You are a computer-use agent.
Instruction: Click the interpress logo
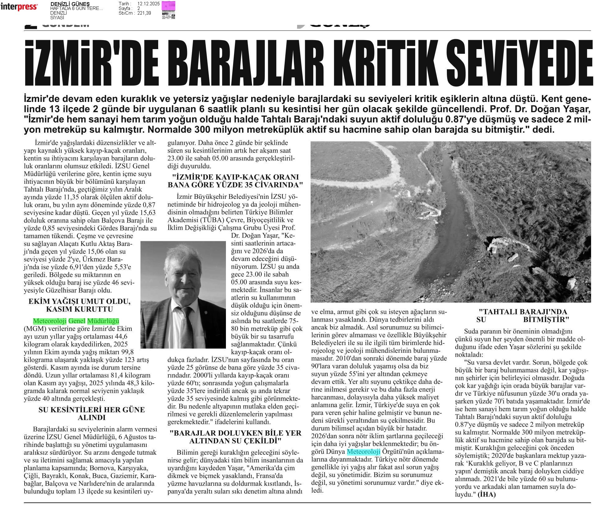pos(19,7)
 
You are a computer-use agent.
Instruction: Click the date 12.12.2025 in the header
pos(148,4)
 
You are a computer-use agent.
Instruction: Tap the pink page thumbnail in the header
pos(168,10)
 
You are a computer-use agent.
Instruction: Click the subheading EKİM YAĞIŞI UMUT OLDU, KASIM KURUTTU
pos(79,305)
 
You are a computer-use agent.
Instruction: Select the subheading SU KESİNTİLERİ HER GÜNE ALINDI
pos(92,413)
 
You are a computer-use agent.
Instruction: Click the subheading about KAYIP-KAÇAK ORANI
pos(235,181)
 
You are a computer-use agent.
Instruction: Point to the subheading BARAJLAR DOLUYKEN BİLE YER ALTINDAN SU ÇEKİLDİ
pos(235,437)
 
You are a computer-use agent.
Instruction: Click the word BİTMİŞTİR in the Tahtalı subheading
pos(546,319)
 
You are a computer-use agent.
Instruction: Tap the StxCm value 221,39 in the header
pos(144,13)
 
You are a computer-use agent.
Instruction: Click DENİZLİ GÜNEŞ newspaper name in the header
pos(70,4)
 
